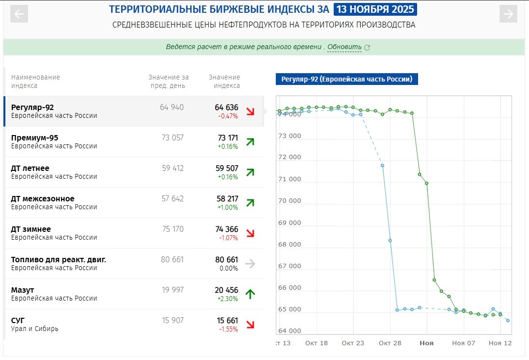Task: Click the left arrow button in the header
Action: click(19, 14)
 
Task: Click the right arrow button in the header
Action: click(508, 14)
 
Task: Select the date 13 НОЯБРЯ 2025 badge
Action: click(375, 9)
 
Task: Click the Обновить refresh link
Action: click(344, 47)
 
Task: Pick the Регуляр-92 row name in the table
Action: click(32, 108)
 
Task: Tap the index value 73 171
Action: click(226, 138)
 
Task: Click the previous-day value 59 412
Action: click(173, 168)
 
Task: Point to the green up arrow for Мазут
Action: click(250, 294)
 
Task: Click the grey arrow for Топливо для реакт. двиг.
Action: click(250, 264)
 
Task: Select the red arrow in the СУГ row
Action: click(250, 325)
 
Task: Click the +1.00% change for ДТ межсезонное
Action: click(228, 207)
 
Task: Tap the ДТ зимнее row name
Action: click(31, 229)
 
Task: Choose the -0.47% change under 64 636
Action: click(228, 116)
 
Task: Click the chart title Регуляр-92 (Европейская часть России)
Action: click(346, 79)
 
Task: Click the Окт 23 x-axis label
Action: click(353, 343)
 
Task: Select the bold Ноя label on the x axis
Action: click(426, 343)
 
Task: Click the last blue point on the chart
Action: click(508, 321)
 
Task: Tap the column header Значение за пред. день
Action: click(168, 81)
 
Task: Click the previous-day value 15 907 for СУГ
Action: click(173, 321)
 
